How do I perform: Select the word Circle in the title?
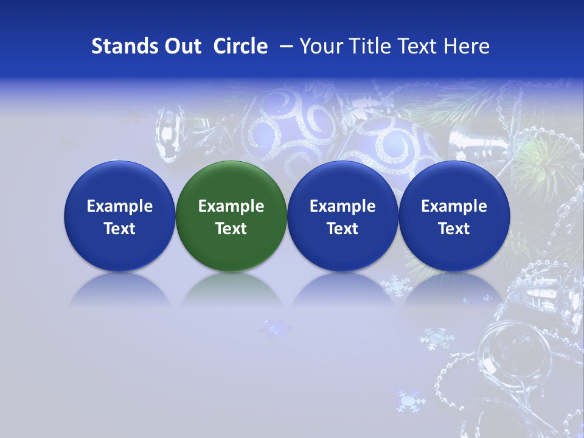pos(240,46)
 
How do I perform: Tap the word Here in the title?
pos(468,46)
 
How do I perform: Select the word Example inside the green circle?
pos(231,206)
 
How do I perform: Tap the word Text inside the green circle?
pos(231,229)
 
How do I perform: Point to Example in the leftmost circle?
pos(119,206)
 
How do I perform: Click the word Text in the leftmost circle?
pos(119,229)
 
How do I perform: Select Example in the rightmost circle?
pos(454,206)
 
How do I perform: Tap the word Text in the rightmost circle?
pos(454,229)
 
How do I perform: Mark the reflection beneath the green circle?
pos(231,289)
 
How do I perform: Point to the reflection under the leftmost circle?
pos(119,289)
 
